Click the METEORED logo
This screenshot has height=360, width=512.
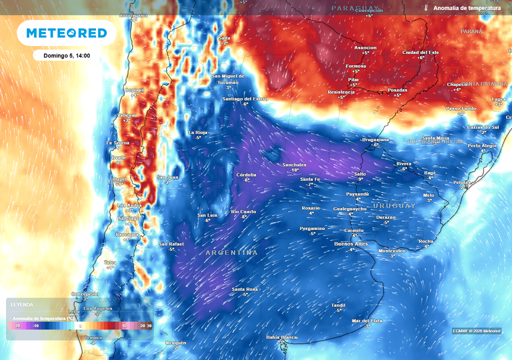(x=66, y=33)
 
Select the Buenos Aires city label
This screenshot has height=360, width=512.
(x=351, y=243)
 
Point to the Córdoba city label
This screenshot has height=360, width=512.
(x=246, y=174)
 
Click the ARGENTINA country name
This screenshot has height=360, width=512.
(x=231, y=253)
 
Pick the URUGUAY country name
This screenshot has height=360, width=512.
(x=394, y=205)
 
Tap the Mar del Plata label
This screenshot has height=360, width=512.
(x=367, y=320)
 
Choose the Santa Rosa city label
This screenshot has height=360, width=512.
(x=244, y=289)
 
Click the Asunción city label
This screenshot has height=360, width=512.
(x=365, y=47)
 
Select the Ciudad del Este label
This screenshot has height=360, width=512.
(x=420, y=52)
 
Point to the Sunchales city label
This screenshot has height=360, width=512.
(x=294, y=164)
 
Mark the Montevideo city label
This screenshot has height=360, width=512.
(x=392, y=250)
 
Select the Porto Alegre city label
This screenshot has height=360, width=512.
(x=482, y=145)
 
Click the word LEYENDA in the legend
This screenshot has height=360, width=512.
(x=22, y=304)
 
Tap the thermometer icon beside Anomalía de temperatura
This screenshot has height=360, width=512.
(x=426, y=8)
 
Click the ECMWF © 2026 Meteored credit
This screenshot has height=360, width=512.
(x=476, y=331)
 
